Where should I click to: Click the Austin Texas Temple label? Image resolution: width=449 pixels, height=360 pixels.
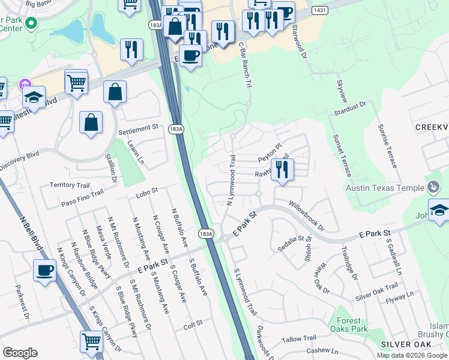[x=385, y=188]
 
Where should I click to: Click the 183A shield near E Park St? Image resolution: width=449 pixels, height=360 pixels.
[x=206, y=233]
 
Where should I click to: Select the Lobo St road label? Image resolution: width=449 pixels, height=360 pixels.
[x=146, y=190]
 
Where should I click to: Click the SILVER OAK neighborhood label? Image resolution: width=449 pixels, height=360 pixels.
[x=405, y=344]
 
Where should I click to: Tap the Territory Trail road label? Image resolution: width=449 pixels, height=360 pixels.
[x=69, y=185]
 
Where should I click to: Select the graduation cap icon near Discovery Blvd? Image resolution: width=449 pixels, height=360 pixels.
[x=34, y=97]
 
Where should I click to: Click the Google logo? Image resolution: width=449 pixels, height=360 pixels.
[x=20, y=353]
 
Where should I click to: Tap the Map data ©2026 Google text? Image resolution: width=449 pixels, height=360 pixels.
[x=412, y=355]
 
